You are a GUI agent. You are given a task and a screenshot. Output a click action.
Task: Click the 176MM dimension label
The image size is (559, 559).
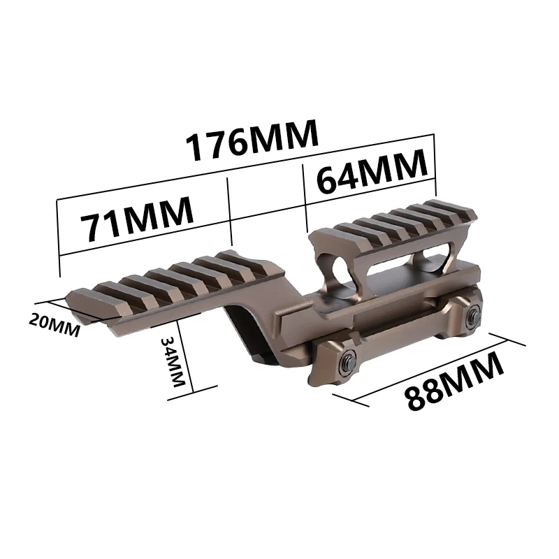point(252,139)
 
